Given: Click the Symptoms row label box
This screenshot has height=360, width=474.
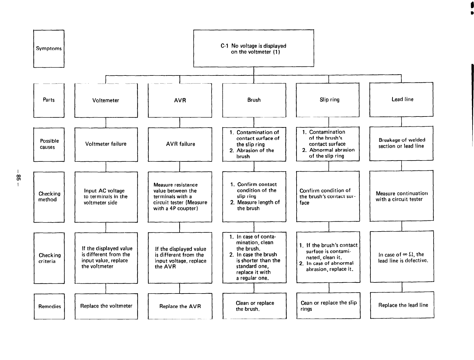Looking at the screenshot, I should click(x=49, y=49).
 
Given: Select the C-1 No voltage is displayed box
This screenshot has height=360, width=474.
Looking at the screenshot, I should click(x=253, y=49).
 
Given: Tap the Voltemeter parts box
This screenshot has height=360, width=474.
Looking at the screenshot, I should click(x=106, y=100).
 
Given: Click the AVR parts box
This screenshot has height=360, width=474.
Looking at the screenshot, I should click(x=180, y=100).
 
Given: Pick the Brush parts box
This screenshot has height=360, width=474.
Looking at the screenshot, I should click(x=254, y=100).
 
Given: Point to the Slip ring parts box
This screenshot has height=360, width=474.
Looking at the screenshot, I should click(x=328, y=100).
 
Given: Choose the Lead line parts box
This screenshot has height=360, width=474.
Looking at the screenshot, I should click(x=402, y=99).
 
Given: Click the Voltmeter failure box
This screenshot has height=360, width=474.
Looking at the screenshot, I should click(x=106, y=144).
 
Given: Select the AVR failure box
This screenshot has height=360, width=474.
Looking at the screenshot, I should click(x=180, y=144).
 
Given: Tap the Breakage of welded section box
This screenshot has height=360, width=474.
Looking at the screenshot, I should click(x=402, y=143).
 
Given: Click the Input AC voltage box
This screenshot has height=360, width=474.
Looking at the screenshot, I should click(x=106, y=197).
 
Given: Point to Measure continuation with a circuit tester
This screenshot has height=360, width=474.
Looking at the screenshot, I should click(x=402, y=196).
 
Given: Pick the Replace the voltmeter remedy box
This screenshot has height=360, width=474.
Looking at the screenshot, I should click(x=106, y=306).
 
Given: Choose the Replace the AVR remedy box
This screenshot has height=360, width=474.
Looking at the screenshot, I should click(x=180, y=306).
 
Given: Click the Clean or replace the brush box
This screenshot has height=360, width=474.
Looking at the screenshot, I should click(x=254, y=306).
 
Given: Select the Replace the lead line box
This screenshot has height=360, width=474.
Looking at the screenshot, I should click(x=402, y=305).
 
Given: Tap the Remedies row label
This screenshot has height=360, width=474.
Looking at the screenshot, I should click(x=49, y=306).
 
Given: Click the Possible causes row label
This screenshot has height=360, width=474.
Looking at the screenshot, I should click(x=49, y=144).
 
